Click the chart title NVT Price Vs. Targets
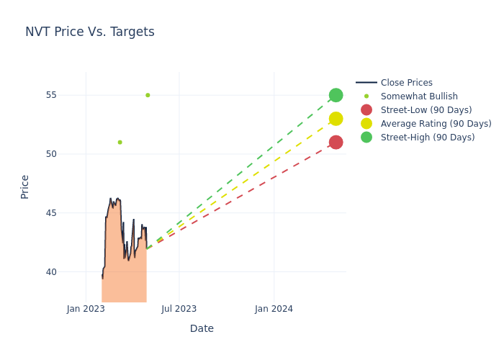pyautogui.click(x=90, y=32)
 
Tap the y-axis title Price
pyautogui.click(x=25, y=186)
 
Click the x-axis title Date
pyautogui.click(x=202, y=328)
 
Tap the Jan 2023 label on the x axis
pyautogui.click(x=86, y=309)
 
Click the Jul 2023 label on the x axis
pyautogui.click(x=179, y=309)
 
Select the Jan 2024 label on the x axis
pyautogui.click(x=274, y=309)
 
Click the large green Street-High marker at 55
pyautogui.click(x=336, y=95)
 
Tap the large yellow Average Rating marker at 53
pyautogui.click(x=336, y=119)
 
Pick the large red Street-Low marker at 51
pyautogui.click(x=336, y=143)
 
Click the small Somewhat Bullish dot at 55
pyautogui.click(x=148, y=95)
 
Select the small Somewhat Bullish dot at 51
pyautogui.click(x=120, y=143)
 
